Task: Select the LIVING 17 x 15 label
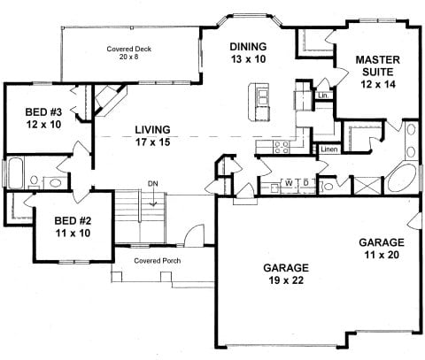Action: pyautogui.click(x=152, y=136)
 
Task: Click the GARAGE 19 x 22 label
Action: pyautogui.click(x=286, y=274)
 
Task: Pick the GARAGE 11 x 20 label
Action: pyautogui.click(x=382, y=249)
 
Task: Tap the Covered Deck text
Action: pyautogui.click(x=129, y=49)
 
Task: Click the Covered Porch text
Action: pyautogui.click(x=158, y=261)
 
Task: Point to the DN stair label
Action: pyautogui.click(x=153, y=184)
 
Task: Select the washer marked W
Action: pyautogui.click(x=289, y=183)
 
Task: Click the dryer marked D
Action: pyautogui.click(x=306, y=183)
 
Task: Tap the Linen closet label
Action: pyautogui.click(x=329, y=149)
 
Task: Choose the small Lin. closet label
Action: pyautogui.click(x=323, y=96)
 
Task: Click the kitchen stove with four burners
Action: pyautogui.click(x=282, y=147)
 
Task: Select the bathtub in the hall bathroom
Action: pyautogui.click(x=16, y=172)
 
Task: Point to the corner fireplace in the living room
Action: pyautogui.click(x=110, y=100)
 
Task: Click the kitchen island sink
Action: pyautogui.click(x=262, y=97)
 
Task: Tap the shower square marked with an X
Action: pyautogui.click(x=367, y=186)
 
